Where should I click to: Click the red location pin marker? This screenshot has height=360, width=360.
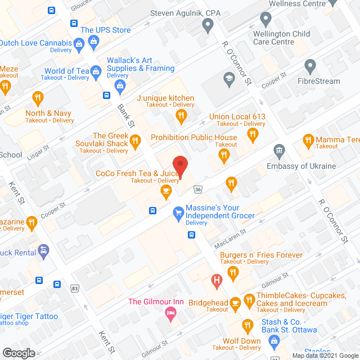point(179,165)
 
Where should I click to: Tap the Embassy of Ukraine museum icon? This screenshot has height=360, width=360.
point(278,151)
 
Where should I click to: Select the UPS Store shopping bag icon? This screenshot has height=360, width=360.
point(79,42)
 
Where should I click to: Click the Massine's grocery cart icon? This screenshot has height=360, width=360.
point(178,212)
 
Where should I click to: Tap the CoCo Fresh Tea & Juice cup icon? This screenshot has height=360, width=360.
point(165,192)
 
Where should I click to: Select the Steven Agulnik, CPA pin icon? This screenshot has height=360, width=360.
point(208,25)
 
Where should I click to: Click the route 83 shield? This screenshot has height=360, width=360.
point(75,288)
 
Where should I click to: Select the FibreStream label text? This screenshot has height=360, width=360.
point(318,81)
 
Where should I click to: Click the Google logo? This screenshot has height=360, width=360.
point(19,353)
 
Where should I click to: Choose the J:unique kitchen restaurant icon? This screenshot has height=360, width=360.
point(181,116)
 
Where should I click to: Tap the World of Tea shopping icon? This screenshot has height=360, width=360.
point(96,71)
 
